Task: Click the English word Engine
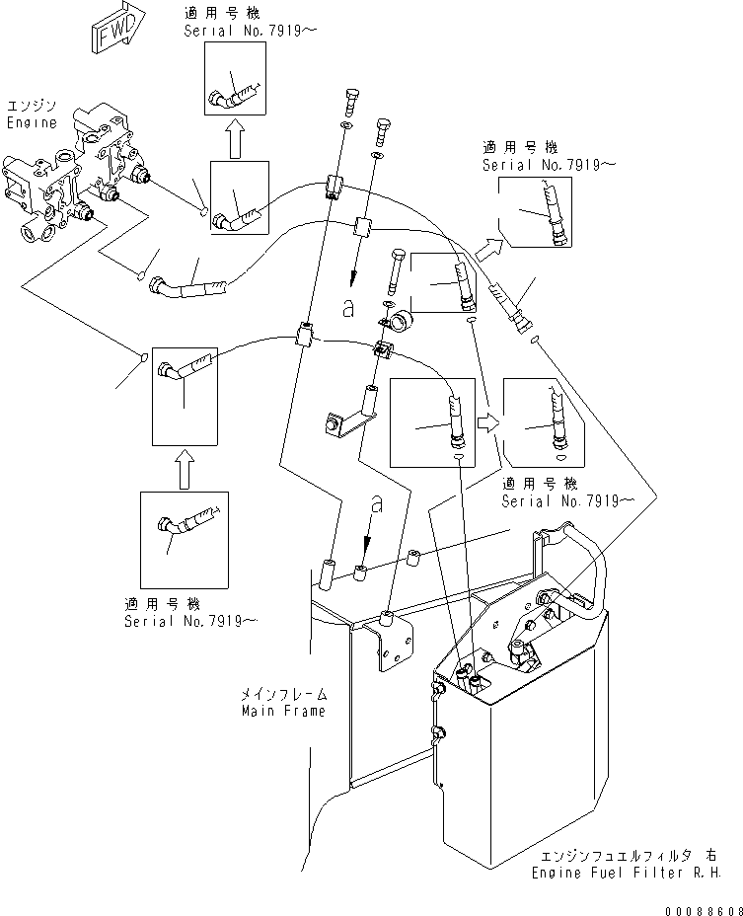pyautogui.click(x=31, y=123)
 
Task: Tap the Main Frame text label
pyautogui.click(x=283, y=711)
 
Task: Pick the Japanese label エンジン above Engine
pyautogui.click(x=29, y=106)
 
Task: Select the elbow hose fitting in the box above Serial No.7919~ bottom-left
pyautogui.click(x=183, y=522)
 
